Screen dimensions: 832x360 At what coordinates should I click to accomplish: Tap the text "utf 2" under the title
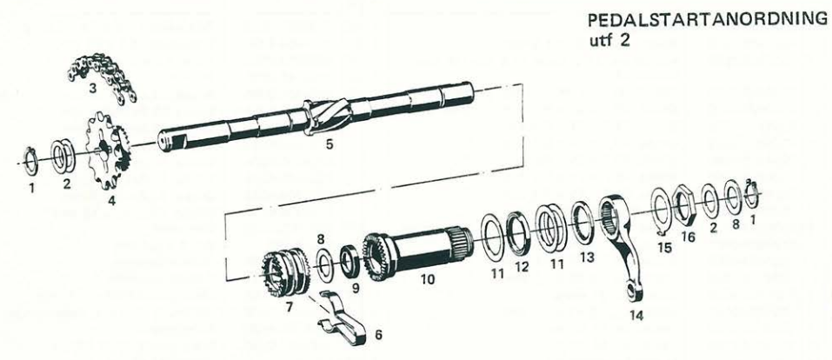click(x=609, y=41)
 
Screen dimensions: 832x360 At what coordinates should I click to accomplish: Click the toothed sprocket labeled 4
click(x=109, y=150)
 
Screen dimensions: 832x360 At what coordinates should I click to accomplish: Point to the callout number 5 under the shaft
click(x=329, y=144)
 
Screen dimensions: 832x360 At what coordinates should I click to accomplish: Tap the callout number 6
click(x=378, y=335)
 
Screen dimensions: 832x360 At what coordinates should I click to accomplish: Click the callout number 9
click(x=355, y=289)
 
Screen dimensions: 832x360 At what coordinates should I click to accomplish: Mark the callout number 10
click(x=427, y=279)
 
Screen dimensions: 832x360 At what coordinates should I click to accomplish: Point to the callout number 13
click(x=586, y=257)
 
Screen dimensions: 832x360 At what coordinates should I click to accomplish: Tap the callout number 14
click(x=636, y=316)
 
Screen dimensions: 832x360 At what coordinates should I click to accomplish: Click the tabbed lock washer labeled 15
click(x=661, y=210)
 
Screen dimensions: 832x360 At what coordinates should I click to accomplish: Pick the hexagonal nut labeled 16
click(x=683, y=203)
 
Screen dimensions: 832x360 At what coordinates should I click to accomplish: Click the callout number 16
click(x=688, y=237)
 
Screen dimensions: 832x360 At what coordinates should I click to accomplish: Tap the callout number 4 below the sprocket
click(x=111, y=201)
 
